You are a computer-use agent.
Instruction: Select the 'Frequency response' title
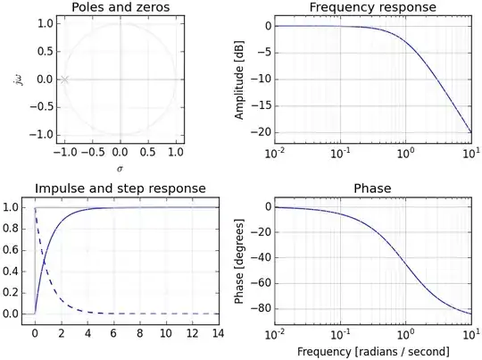pos(360,8)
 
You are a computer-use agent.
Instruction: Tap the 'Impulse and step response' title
pos(120,188)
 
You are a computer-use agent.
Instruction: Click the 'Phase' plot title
pos(360,188)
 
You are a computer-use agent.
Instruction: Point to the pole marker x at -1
pos(63,80)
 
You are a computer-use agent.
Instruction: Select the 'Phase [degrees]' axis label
pos(239,260)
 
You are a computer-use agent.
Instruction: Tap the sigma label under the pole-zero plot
pos(120,167)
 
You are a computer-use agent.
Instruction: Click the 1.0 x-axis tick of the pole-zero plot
pos(176,152)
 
